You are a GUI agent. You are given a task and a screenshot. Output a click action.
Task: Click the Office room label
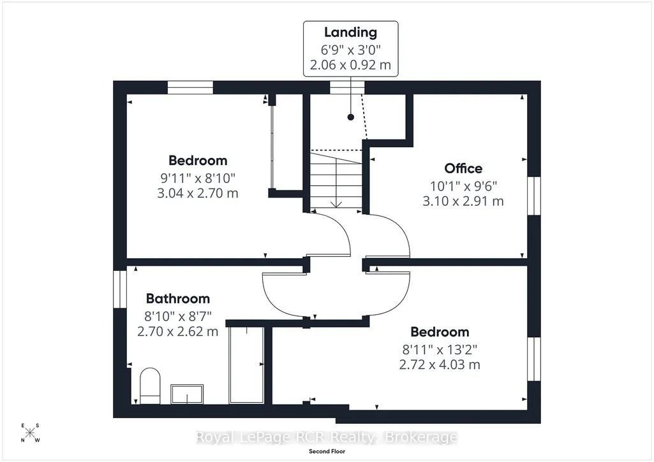click(x=463, y=168)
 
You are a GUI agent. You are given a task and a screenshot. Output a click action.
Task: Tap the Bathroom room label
click(x=177, y=299)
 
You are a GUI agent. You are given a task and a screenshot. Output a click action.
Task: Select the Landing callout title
click(x=350, y=32)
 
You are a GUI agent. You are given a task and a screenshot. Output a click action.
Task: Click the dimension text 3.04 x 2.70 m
click(x=198, y=193)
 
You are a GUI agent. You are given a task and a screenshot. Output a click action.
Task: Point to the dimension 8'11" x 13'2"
click(x=440, y=349)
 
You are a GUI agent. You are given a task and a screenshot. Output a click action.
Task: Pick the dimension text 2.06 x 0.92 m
click(x=350, y=65)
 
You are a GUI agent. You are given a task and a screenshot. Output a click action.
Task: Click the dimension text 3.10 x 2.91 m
click(x=463, y=201)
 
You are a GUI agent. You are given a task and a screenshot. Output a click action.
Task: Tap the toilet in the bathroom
click(x=150, y=386)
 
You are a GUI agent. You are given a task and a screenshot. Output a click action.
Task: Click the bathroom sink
click(x=187, y=394)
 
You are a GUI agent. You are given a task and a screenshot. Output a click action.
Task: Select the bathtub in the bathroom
click(x=246, y=365)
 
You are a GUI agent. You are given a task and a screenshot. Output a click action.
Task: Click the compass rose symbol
click(x=30, y=433)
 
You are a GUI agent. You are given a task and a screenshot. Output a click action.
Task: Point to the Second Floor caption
click(x=327, y=451)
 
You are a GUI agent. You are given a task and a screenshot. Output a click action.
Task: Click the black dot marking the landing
click(x=351, y=117)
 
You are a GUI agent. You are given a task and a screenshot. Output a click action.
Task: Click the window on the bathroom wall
click(x=120, y=289)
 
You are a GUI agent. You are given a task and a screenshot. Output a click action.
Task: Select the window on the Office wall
click(x=534, y=196)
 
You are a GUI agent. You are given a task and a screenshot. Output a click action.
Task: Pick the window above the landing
click(x=347, y=87)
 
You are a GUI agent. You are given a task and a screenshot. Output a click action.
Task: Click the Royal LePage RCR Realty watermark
click(x=327, y=437)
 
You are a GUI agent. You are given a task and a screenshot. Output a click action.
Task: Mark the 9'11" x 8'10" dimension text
click(x=198, y=178)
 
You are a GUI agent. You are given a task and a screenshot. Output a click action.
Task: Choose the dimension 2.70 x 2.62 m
click(x=177, y=331)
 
